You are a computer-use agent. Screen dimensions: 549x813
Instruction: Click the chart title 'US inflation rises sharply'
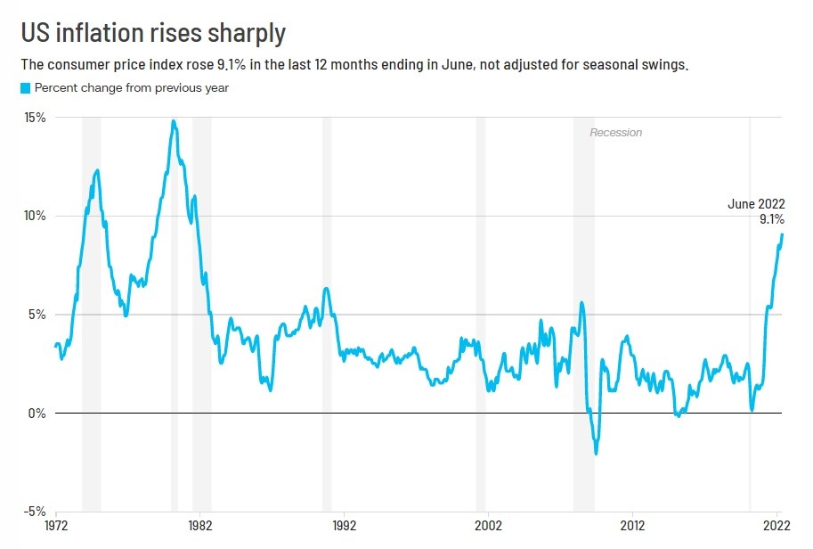click(x=153, y=33)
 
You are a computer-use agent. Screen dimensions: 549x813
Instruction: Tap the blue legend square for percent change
click(x=26, y=87)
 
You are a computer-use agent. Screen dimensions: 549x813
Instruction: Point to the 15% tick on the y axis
click(x=35, y=118)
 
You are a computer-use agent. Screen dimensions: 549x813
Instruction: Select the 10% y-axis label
click(x=35, y=216)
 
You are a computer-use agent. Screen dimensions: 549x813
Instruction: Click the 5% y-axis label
click(x=38, y=315)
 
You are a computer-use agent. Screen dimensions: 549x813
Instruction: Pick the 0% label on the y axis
click(x=38, y=414)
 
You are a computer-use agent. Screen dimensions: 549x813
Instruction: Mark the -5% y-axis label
click(x=36, y=512)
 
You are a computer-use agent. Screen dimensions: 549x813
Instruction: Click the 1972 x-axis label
click(x=56, y=525)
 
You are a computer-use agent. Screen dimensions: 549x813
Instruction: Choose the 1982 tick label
click(x=199, y=525)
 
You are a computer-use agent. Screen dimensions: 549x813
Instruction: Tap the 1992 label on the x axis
click(x=344, y=525)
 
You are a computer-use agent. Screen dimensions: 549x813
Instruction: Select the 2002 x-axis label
click(x=488, y=525)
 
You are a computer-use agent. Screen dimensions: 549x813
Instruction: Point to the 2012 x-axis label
click(x=632, y=525)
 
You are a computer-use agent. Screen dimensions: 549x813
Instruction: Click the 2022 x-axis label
click(x=774, y=525)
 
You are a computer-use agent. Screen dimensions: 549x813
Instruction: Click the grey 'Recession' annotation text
click(x=615, y=133)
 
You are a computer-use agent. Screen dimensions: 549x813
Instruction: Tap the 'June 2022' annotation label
click(x=756, y=204)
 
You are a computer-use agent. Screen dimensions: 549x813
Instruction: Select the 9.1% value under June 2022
click(x=771, y=219)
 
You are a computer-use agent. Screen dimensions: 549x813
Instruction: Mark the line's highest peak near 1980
click(x=173, y=121)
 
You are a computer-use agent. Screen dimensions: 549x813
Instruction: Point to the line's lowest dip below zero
click(x=596, y=453)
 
